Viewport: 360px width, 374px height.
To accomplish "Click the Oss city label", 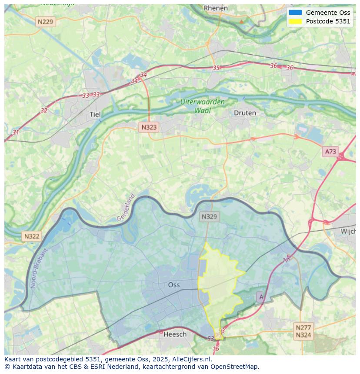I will pyautogui.click(x=174, y=285).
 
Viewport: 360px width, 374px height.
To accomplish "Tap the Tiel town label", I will pyautogui.click(x=95, y=114).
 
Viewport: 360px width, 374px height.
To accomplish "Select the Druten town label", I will pyautogui.click(x=245, y=113).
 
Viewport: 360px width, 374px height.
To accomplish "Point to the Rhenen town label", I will pyautogui.click(x=216, y=8).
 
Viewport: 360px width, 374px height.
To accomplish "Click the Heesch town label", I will pyautogui.click(x=175, y=334).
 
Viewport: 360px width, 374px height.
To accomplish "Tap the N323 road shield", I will pyautogui.click(x=149, y=127).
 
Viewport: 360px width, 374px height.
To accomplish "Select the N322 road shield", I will pyautogui.click(x=32, y=236).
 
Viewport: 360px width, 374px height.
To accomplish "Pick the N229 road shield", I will pyautogui.click(x=46, y=21).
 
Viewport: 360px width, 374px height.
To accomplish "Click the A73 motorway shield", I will pyautogui.click(x=330, y=151).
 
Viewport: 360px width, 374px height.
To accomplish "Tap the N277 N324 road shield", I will pyautogui.click(x=303, y=331).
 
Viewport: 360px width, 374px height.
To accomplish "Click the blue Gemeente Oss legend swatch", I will pyautogui.click(x=295, y=13).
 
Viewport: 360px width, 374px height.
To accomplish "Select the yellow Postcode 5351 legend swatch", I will pyautogui.click(x=295, y=21).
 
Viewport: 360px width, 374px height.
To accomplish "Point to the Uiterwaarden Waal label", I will pyautogui.click(x=203, y=106).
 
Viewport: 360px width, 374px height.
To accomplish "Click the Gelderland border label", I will pyautogui.click(x=126, y=208).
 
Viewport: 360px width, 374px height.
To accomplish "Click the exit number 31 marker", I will pyautogui.click(x=16, y=132).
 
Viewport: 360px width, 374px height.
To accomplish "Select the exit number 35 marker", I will pyautogui.click(x=216, y=68).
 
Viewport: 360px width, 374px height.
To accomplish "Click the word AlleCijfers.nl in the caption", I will pyautogui.click(x=191, y=359).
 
